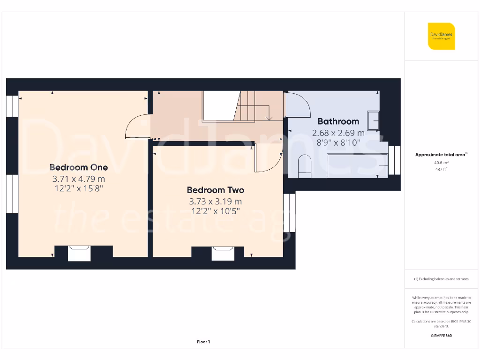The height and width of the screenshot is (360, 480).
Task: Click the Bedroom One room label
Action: tap(79, 167)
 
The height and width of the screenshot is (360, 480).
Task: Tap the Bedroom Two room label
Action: tap(215, 190)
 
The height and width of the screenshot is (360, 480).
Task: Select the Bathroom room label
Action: tap(338, 121)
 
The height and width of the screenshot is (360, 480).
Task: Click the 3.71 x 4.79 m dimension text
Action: tap(79, 179)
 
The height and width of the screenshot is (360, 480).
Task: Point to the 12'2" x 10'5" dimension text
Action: tap(215, 211)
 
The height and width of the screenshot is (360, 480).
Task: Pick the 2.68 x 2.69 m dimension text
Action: tap(338, 133)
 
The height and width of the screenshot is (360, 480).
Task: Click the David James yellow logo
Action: tap(441, 36)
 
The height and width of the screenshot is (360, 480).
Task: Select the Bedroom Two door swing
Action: tap(267, 158)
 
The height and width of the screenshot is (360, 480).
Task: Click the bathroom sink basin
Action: tap(374, 120)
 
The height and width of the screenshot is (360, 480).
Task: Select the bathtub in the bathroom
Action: tap(356, 165)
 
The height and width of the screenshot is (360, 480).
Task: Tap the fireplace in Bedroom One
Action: tap(79, 253)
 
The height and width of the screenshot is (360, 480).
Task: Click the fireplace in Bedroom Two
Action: tap(222, 253)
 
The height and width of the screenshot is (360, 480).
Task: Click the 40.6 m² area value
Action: tap(441, 163)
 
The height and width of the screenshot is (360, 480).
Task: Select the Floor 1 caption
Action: tap(203, 342)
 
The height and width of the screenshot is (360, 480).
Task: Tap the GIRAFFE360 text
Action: tap(441, 336)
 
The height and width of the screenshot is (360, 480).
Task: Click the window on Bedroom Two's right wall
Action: tap(290, 213)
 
